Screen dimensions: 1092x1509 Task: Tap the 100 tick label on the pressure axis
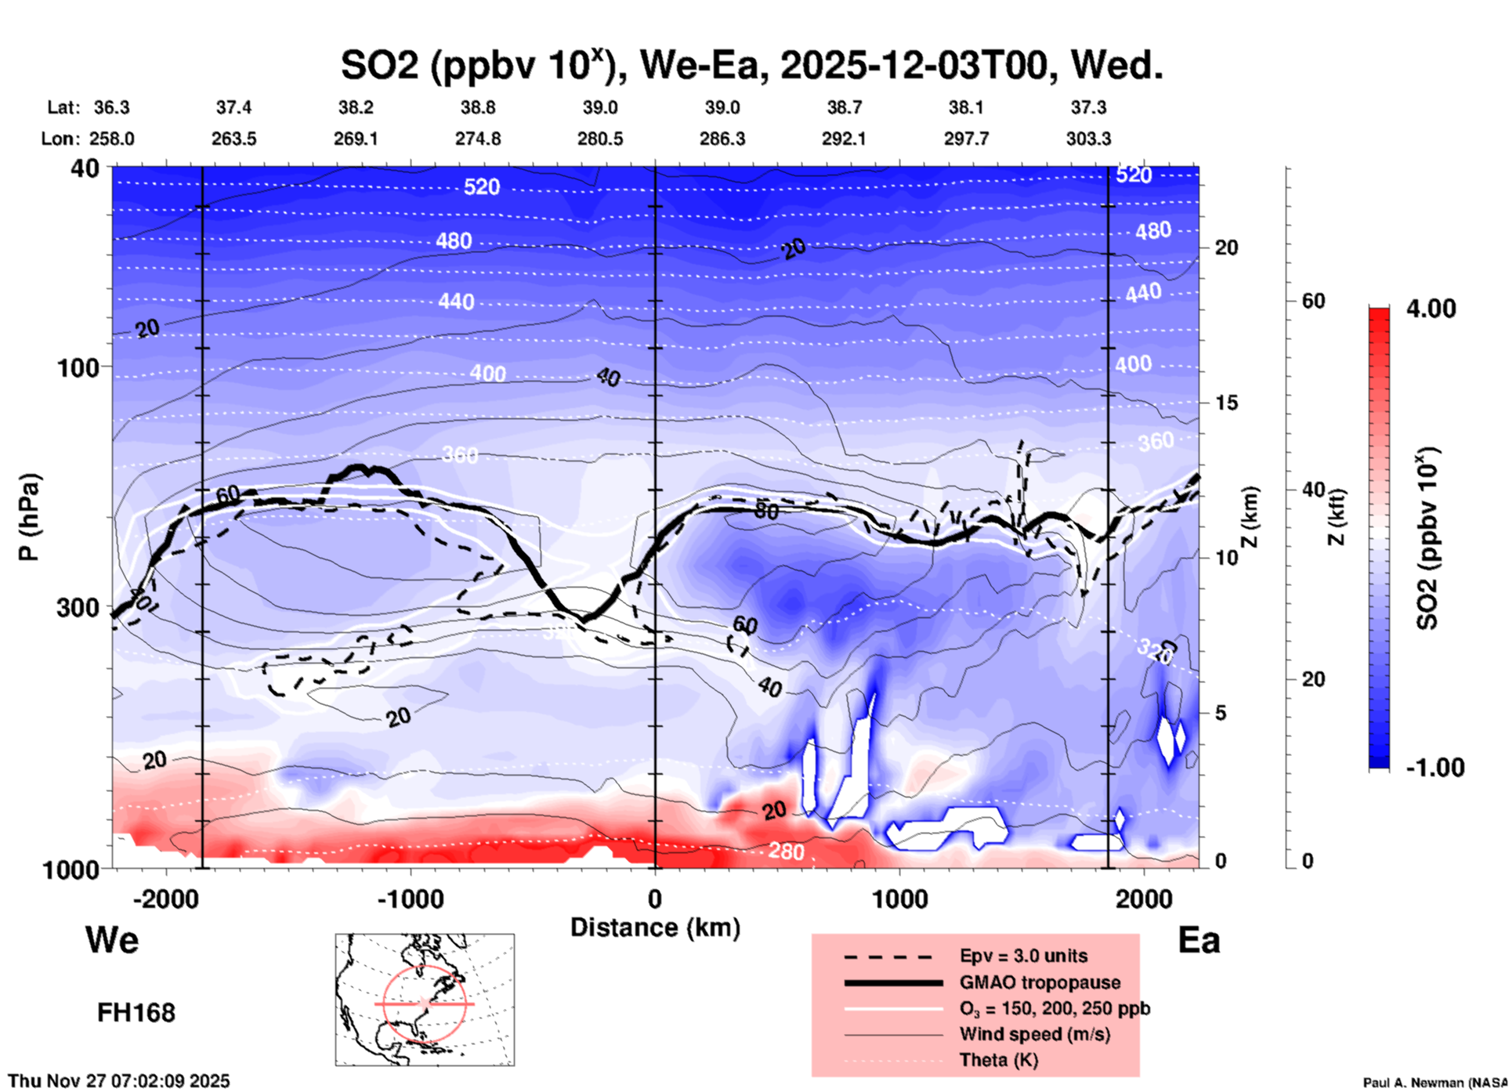[81, 367]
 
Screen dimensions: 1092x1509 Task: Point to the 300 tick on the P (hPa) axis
[81, 607]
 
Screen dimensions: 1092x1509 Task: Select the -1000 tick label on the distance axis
[409, 899]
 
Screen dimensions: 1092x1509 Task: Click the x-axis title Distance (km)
[655, 927]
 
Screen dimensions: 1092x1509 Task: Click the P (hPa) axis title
[29, 517]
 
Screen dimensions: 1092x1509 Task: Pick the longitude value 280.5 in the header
[600, 139]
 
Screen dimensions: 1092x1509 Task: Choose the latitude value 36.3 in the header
[111, 107]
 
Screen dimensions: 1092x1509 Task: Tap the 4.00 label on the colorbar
[1431, 309]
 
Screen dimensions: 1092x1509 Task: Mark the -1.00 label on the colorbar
[1434, 767]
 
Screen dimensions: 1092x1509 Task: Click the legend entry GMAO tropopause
[1040, 982]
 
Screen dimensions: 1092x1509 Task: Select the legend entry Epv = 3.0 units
[1023, 956]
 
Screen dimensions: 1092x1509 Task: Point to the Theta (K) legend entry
[998, 1060]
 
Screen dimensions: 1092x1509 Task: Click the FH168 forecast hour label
[136, 1013]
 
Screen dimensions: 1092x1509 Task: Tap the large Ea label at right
[1199, 941]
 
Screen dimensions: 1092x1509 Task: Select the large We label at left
[112, 939]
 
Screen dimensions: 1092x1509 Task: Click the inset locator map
[425, 1000]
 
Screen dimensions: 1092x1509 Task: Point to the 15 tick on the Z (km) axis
[1226, 403]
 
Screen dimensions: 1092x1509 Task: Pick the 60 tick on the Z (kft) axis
[1313, 302]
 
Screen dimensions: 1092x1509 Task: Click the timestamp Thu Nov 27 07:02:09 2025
[119, 1081]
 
